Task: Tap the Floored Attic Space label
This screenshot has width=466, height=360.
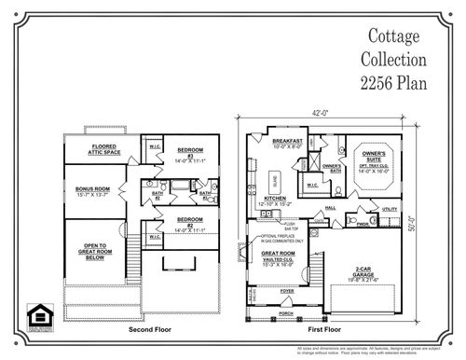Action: point(90,149)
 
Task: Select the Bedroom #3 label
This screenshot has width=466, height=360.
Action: point(191,152)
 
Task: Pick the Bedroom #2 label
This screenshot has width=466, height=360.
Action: point(191,221)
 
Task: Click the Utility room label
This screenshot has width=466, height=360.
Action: point(390,210)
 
